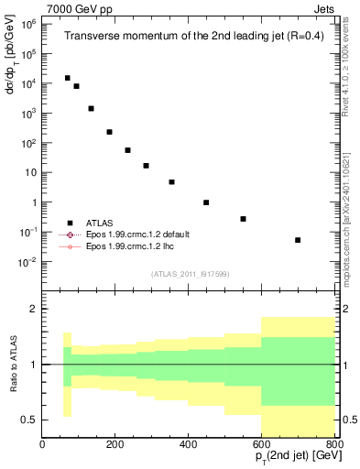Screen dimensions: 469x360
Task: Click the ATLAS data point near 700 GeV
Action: pyautogui.click(x=298, y=240)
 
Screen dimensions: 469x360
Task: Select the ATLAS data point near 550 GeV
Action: pyautogui.click(x=243, y=219)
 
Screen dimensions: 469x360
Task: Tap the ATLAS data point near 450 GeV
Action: pyautogui.click(x=206, y=202)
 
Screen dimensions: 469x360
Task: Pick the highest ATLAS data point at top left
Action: pyautogui.click(x=67, y=78)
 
